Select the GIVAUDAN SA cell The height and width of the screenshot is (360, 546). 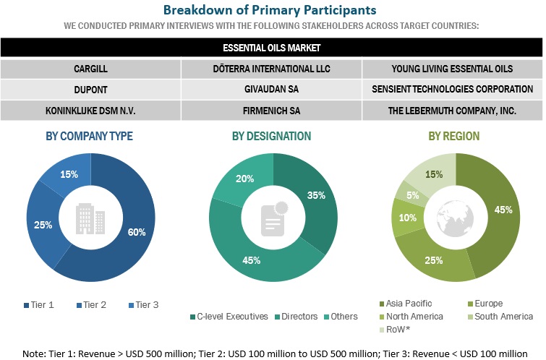[271, 90]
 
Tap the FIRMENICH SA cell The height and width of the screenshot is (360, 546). [271, 110]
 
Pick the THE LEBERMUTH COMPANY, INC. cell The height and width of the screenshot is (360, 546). [452, 110]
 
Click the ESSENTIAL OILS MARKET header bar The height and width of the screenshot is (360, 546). [271, 48]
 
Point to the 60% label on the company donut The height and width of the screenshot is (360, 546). [137, 232]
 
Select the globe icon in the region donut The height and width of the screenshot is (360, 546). [453, 213]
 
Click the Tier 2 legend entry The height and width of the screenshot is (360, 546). [90, 304]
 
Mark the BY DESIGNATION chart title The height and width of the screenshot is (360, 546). [271, 136]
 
